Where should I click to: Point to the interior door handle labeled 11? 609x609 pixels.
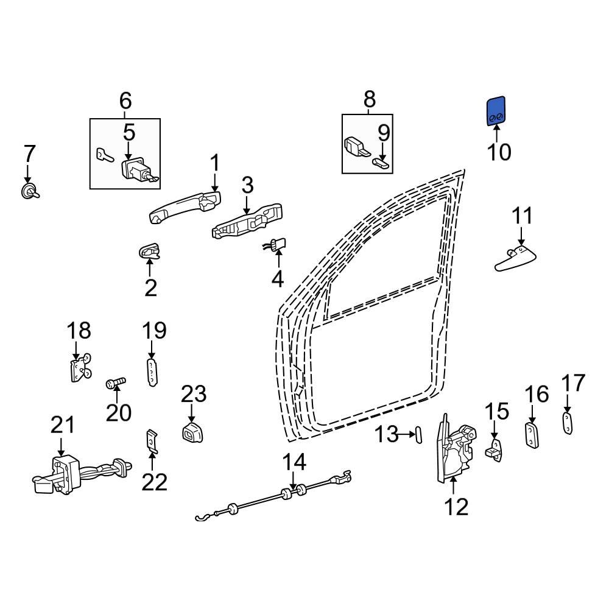(x=515, y=258)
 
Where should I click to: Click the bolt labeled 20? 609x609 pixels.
(x=116, y=382)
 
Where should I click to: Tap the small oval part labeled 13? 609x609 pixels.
(x=418, y=435)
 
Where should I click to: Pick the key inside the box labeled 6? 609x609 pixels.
(x=104, y=155)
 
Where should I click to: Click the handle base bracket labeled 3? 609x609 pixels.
(x=247, y=222)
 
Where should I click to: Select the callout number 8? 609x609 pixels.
(x=370, y=99)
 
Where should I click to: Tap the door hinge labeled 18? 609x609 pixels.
(x=78, y=368)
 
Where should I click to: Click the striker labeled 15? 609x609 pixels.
(x=495, y=448)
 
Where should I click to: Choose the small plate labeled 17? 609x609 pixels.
(x=567, y=423)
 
